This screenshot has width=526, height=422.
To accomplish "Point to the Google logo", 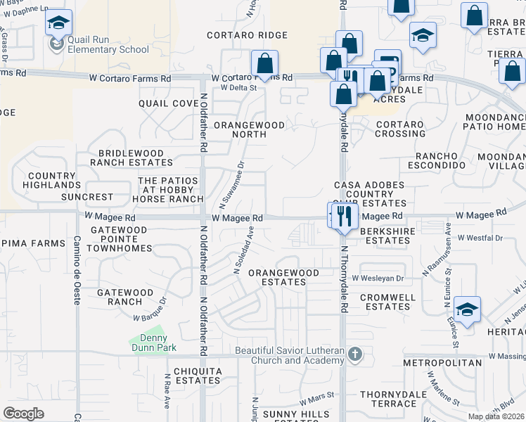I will (x=24, y=414).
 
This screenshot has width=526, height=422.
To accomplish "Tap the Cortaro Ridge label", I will (x=247, y=35).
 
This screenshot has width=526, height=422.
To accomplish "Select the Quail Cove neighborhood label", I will (x=169, y=103).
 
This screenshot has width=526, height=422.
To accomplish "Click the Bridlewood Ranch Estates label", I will (x=131, y=158).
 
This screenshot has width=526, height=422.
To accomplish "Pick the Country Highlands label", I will (x=51, y=180).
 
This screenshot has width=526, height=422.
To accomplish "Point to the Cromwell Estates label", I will (x=385, y=302).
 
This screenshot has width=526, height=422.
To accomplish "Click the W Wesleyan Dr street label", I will (x=379, y=279).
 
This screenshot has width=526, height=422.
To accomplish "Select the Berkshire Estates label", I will (x=385, y=236).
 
